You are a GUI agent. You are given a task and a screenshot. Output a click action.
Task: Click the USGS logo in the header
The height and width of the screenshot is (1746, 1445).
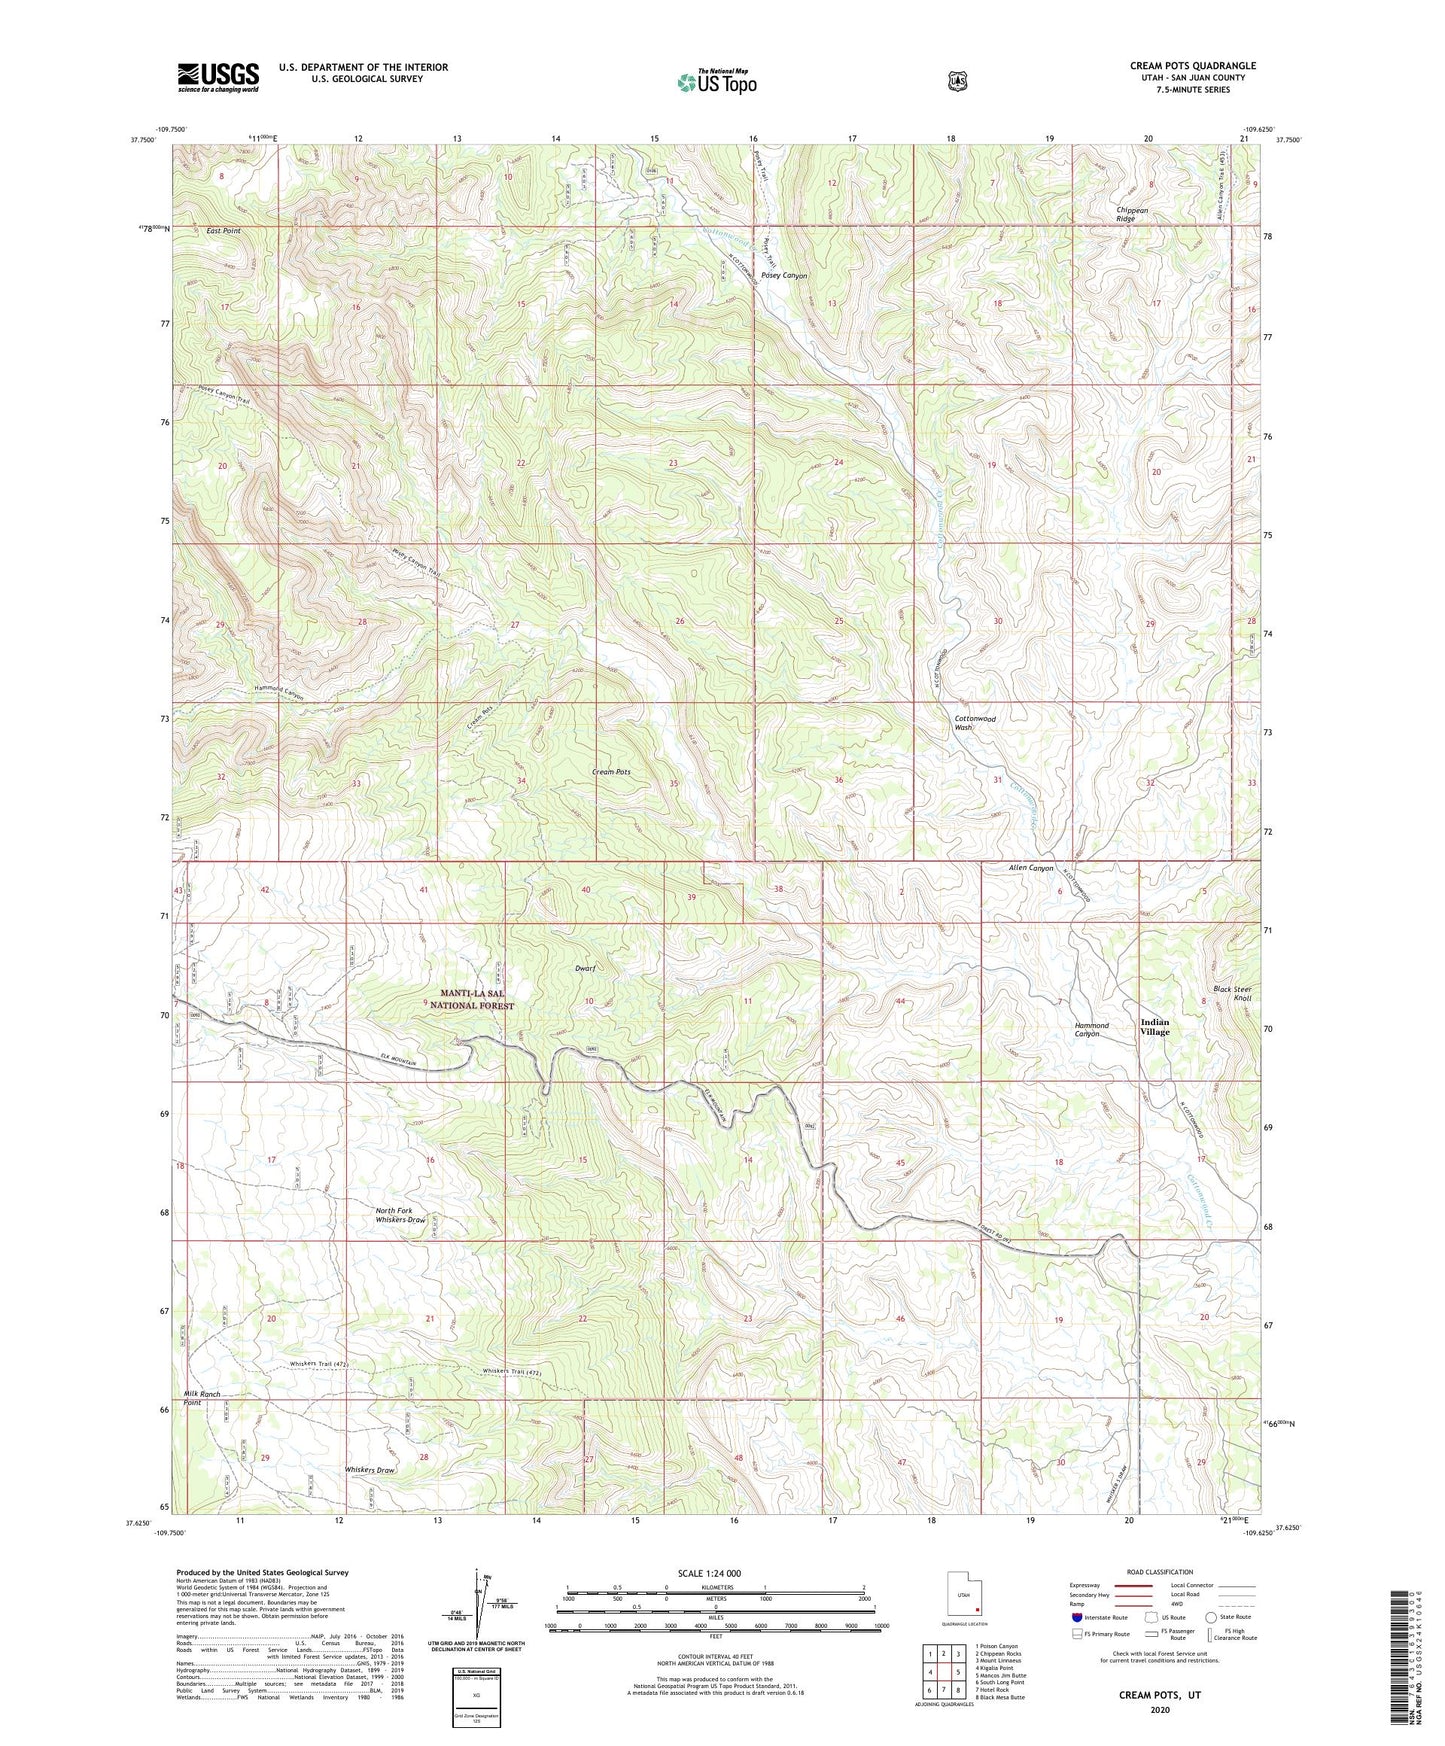tap(218, 77)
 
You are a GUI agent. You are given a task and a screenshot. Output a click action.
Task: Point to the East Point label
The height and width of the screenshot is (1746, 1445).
tap(223, 231)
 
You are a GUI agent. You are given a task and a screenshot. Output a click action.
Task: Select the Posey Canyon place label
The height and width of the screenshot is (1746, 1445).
tap(783, 275)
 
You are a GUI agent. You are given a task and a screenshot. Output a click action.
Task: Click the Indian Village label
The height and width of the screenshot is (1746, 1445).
tap(1154, 1027)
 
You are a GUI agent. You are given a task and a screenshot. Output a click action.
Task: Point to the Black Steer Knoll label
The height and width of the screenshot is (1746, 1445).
tap(1231, 993)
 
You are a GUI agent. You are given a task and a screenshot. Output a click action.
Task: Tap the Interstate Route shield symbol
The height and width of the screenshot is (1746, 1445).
tap(1076, 1617)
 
